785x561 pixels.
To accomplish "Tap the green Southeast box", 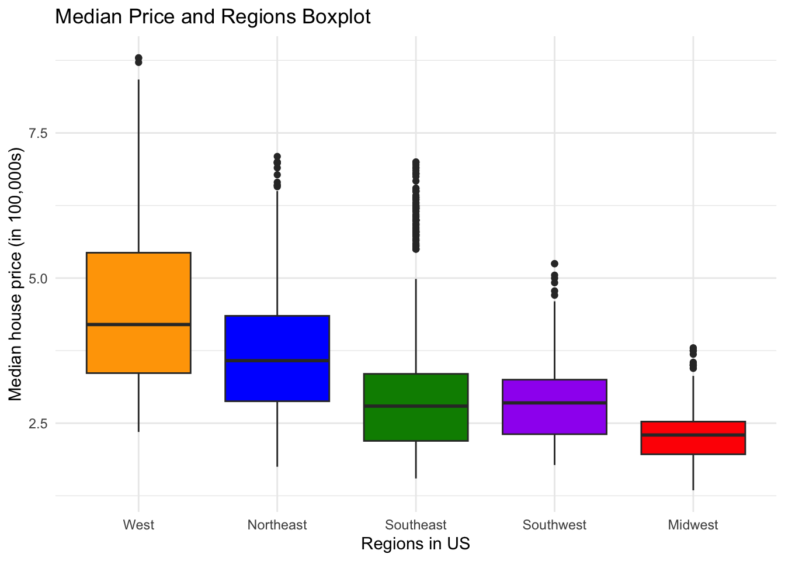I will pos(416,424).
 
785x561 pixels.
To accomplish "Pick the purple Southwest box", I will pos(554,418).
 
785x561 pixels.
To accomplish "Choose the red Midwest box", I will pos(693,444).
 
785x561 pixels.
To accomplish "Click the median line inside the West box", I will pos(138,324).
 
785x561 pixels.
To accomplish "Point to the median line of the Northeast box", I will pos(277,361).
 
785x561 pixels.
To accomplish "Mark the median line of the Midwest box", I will pos(693,435).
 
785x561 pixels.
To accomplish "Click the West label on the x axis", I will pos(138,525).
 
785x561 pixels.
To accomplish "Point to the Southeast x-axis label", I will pos(416,525).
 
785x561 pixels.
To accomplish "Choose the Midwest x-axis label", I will pos(693,525).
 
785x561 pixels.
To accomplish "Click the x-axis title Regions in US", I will pos(416,544).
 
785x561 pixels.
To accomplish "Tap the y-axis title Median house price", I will pos(16,278).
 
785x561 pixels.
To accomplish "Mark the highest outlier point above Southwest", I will pos(554,264).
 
